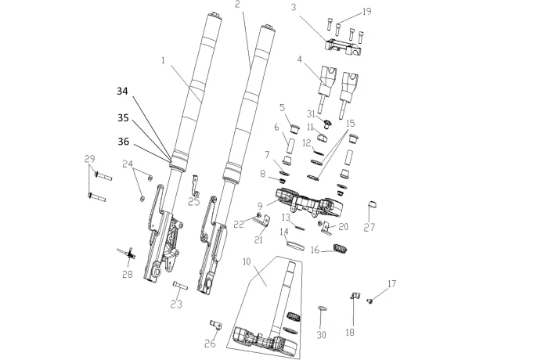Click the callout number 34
tap(122, 91)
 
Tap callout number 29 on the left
tap(89, 158)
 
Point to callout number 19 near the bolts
tap(366, 13)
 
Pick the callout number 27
tap(370, 228)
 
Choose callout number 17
tap(391, 283)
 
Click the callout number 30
tap(321, 334)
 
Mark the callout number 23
tap(176, 305)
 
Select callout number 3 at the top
tap(293, 8)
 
